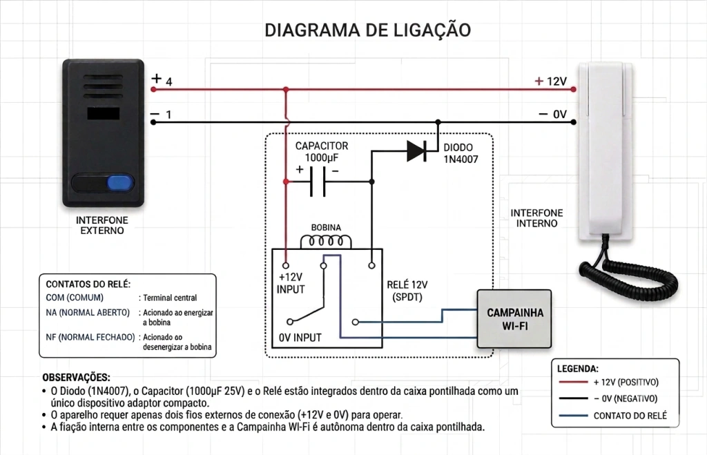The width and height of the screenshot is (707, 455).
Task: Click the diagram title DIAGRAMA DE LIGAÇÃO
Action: coord(367,30)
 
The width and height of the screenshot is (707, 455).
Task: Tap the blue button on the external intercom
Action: coord(119,183)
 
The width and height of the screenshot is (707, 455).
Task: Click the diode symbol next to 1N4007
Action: coord(416,151)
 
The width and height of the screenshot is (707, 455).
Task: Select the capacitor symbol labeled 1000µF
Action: coord(318,182)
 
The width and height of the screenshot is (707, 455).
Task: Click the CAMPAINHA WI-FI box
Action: coord(514,319)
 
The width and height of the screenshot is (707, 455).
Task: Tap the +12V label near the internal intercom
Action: coord(550,81)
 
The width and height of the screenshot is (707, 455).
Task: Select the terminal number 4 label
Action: coord(169,82)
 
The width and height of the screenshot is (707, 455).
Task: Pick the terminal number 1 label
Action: coord(168,115)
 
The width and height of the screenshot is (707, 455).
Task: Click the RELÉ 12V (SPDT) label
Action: coord(407,291)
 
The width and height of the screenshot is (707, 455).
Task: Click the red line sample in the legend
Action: coord(574,383)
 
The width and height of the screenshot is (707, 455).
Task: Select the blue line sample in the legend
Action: coord(574,416)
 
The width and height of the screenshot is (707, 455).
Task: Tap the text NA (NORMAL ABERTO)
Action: coord(88,313)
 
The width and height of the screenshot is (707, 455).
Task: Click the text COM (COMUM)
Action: coord(75,298)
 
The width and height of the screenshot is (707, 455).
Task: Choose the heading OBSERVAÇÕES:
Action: coord(76,378)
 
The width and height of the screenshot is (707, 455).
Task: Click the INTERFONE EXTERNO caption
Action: coord(102,226)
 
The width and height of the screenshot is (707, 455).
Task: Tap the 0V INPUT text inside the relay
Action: coord(300,338)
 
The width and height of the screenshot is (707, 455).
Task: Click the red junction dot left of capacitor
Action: coord(286,182)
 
